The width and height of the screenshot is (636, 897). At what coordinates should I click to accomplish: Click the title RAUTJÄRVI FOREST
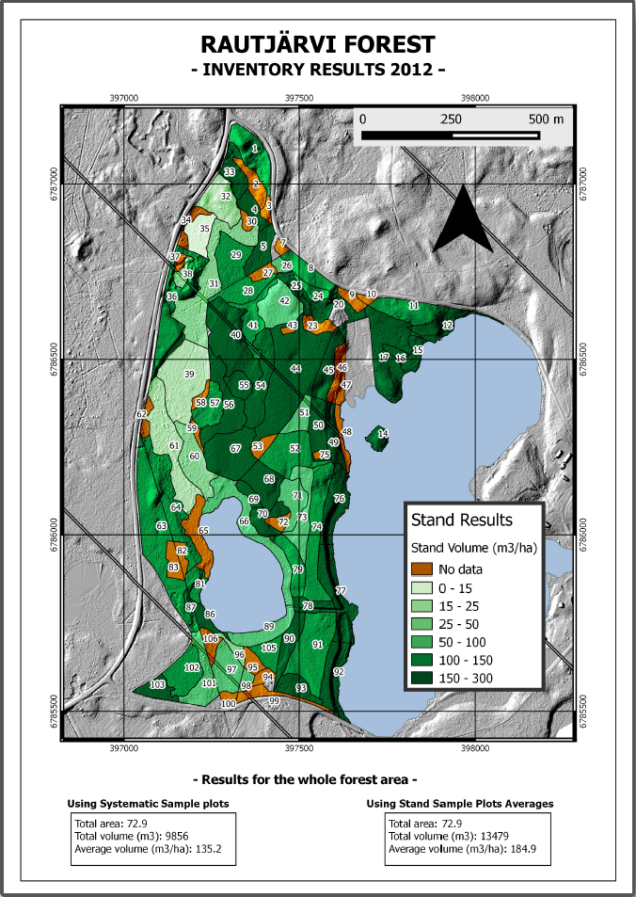318,44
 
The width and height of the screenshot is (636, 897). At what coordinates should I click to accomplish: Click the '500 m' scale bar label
546,120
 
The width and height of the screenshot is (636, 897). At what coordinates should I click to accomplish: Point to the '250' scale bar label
451,120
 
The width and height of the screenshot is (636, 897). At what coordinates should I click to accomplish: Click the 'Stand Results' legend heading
461,520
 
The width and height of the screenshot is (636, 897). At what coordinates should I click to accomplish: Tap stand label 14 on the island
383,434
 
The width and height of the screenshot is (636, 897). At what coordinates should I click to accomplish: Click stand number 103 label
158,683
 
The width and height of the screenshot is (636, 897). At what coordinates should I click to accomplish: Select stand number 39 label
189,375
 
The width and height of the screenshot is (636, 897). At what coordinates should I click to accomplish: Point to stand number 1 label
255,149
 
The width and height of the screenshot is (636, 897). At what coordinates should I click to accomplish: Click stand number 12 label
448,325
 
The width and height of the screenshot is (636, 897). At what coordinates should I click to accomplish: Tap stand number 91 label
318,645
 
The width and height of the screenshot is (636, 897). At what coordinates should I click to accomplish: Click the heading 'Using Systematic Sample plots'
149,804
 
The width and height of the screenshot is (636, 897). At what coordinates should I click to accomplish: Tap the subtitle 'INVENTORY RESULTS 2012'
318,70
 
